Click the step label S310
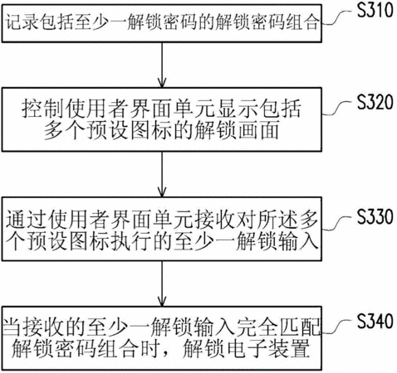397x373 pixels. point(375,10)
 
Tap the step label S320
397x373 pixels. point(375,102)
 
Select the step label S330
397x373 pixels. point(375,216)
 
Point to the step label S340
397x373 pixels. point(375,321)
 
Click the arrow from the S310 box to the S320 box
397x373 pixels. point(162,65)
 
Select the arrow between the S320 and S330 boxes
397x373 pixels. point(162,174)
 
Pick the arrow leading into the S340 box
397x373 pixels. point(162,283)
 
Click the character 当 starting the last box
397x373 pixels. point(12,327)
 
